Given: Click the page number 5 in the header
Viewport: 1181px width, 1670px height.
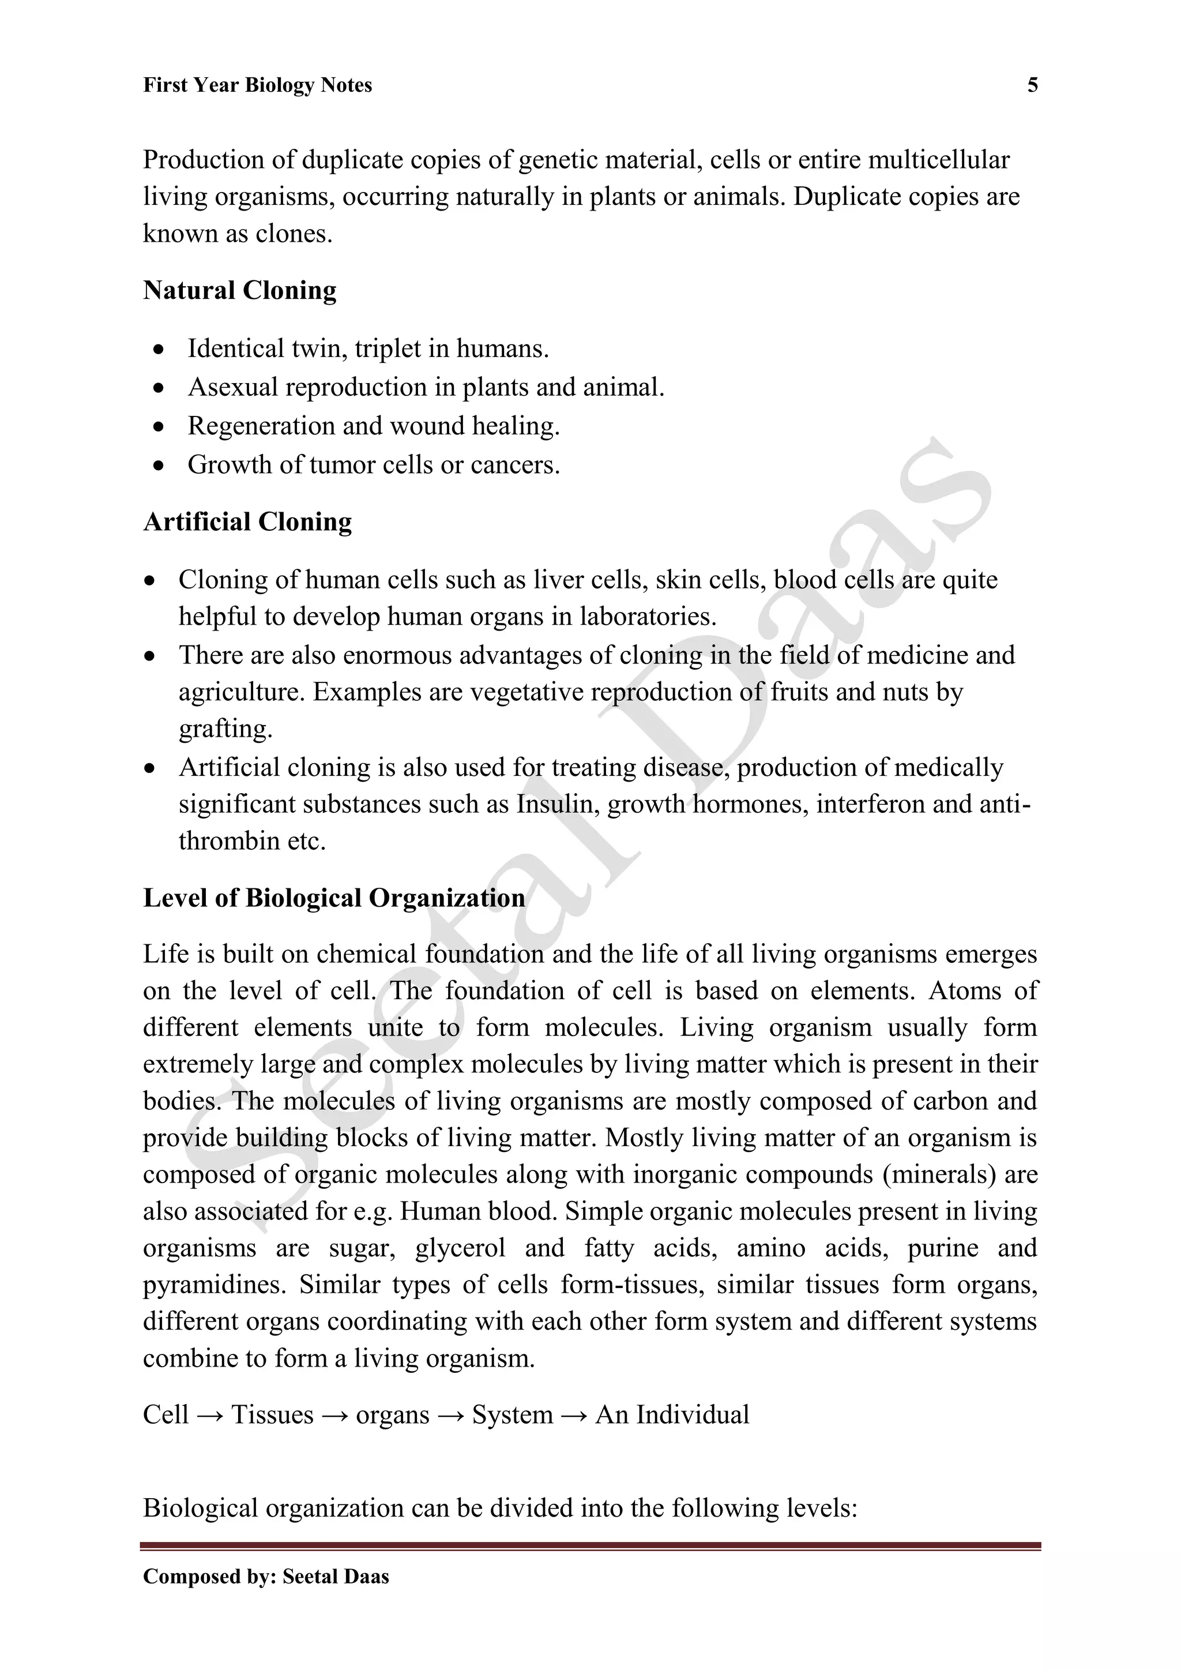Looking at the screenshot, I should [1032, 86].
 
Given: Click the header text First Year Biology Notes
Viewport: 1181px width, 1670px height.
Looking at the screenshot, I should [257, 86].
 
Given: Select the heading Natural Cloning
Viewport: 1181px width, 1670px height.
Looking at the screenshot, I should [239, 290].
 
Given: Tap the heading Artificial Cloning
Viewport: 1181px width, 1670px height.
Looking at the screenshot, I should [247, 521].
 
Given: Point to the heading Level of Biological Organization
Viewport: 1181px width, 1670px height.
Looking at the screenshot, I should [334, 898].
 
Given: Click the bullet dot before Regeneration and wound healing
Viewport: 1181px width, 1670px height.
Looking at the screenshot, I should [159, 427].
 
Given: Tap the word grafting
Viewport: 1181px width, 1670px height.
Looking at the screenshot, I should [225, 729].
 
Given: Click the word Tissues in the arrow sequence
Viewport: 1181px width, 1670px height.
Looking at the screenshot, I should [272, 1414].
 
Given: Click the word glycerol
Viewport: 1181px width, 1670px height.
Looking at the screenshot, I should [460, 1248].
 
